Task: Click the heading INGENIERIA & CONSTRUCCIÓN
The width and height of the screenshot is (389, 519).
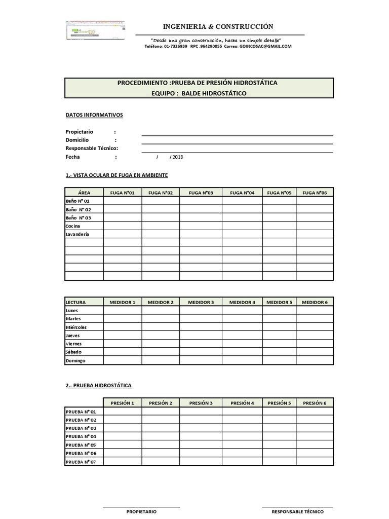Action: click(x=218, y=26)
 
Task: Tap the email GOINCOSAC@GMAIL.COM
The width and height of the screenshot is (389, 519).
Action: click(x=265, y=46)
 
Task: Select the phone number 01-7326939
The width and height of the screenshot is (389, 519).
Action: click(x=175, y=46)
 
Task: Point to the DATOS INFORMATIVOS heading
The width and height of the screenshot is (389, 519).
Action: click(x=94, y=115)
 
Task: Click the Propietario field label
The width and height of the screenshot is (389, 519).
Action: click(x=80, y=132)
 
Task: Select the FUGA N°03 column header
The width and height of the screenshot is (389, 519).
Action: click(x=201, y=193)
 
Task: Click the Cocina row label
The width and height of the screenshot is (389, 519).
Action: click(x=73, y=226)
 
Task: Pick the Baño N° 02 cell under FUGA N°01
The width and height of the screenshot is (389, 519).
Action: click(x=123, y=209)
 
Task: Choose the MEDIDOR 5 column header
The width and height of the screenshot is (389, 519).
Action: click(x=279, y=302)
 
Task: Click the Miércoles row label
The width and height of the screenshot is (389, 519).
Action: click(x=76, y=327)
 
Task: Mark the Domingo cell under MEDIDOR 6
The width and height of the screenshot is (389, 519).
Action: click(x=315, y=361)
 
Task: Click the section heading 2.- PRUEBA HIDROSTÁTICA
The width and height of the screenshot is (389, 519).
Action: click(x=99, y=386)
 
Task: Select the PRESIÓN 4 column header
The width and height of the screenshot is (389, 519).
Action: click(x=242, y=403)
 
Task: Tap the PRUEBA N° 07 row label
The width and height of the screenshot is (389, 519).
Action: click(x=81, y=462)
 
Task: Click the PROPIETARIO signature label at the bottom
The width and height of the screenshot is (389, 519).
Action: click(x=141, y=512)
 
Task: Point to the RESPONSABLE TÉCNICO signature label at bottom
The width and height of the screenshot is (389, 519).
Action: click(x=297, y=512)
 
